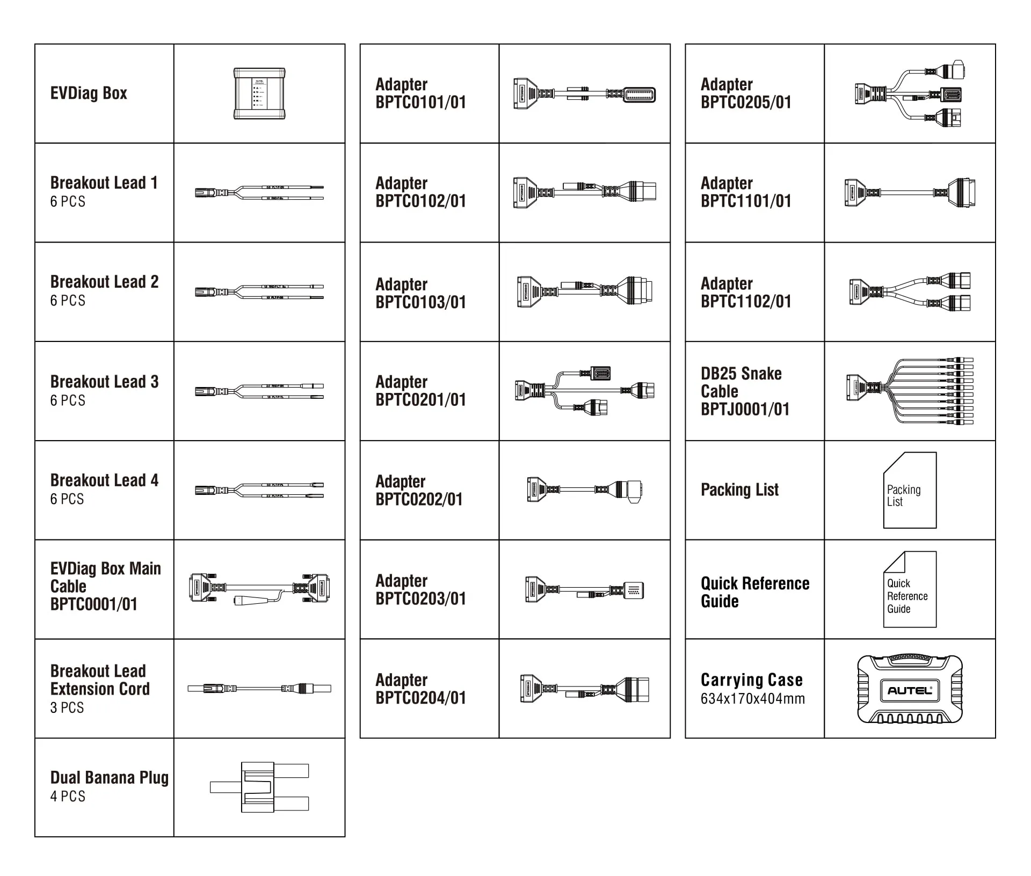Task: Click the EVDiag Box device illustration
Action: coord(259,93)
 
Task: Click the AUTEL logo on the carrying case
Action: coord(910,691)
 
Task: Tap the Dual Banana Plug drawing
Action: coord(259,787)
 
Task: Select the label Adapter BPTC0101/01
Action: coord(420,93)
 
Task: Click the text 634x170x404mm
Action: coord(752,699)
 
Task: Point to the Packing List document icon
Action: coord(910,491)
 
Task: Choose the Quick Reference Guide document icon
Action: coord(910,589)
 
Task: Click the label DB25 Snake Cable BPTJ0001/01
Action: coord(745,391)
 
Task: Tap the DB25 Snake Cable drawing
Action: coord(910,391)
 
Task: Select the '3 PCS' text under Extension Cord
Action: coord(67,708)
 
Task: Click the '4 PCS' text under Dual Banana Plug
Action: coord(68,797)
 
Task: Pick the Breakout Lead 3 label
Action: coord(104,382)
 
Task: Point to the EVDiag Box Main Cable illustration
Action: coord(259,589)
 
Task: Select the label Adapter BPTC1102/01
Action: coord(746,293)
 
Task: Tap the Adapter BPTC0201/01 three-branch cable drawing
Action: coord(584,391)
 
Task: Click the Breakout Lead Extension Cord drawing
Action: coord(259,688)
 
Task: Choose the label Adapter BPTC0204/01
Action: coord(420,689)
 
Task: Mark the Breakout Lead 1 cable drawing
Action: coord(259,193)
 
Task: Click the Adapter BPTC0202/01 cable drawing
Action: coord(584,490)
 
